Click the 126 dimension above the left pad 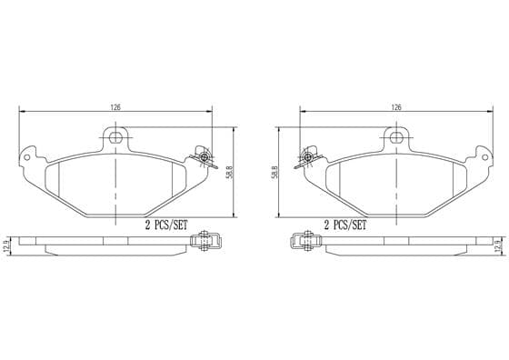pyautogui.click(x=115, y=107)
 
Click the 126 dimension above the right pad pyautogui.click(x=396, y=107)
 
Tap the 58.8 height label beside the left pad pyautogui.click(x=230, y=173)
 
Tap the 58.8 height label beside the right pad pyautogui.click(x=274, y=173)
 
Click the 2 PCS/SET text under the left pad pyautogui.click(x=166, y=225)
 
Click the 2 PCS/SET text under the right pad pyautogui.click(x=345, y=225)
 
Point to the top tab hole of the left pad pyautogui.click(x=115, y=137)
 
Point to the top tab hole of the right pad pyautogui.click(x=396, y=137)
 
